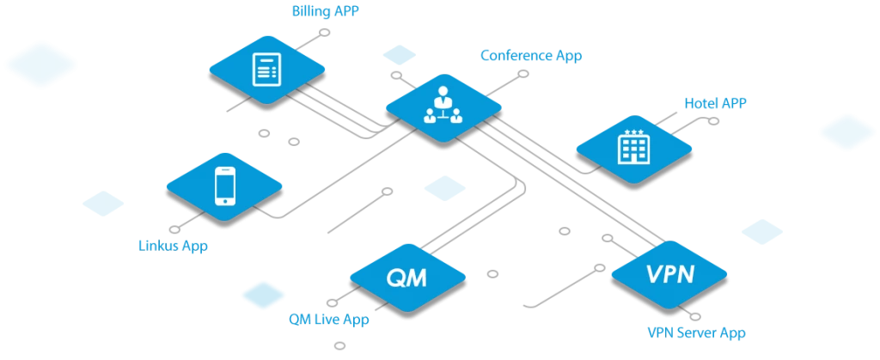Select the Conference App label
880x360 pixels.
click(529, 55)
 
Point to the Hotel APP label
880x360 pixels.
click(715, 103)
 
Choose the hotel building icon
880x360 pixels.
click(633, 147)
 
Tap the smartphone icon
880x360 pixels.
click(224, 185)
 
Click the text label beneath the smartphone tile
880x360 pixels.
click(174, 246)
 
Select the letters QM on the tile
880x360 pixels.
click(407, 278)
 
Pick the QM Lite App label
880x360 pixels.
click(329, 320)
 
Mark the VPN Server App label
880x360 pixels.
click(696, 331)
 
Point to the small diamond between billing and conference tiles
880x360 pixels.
click(400, 55)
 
